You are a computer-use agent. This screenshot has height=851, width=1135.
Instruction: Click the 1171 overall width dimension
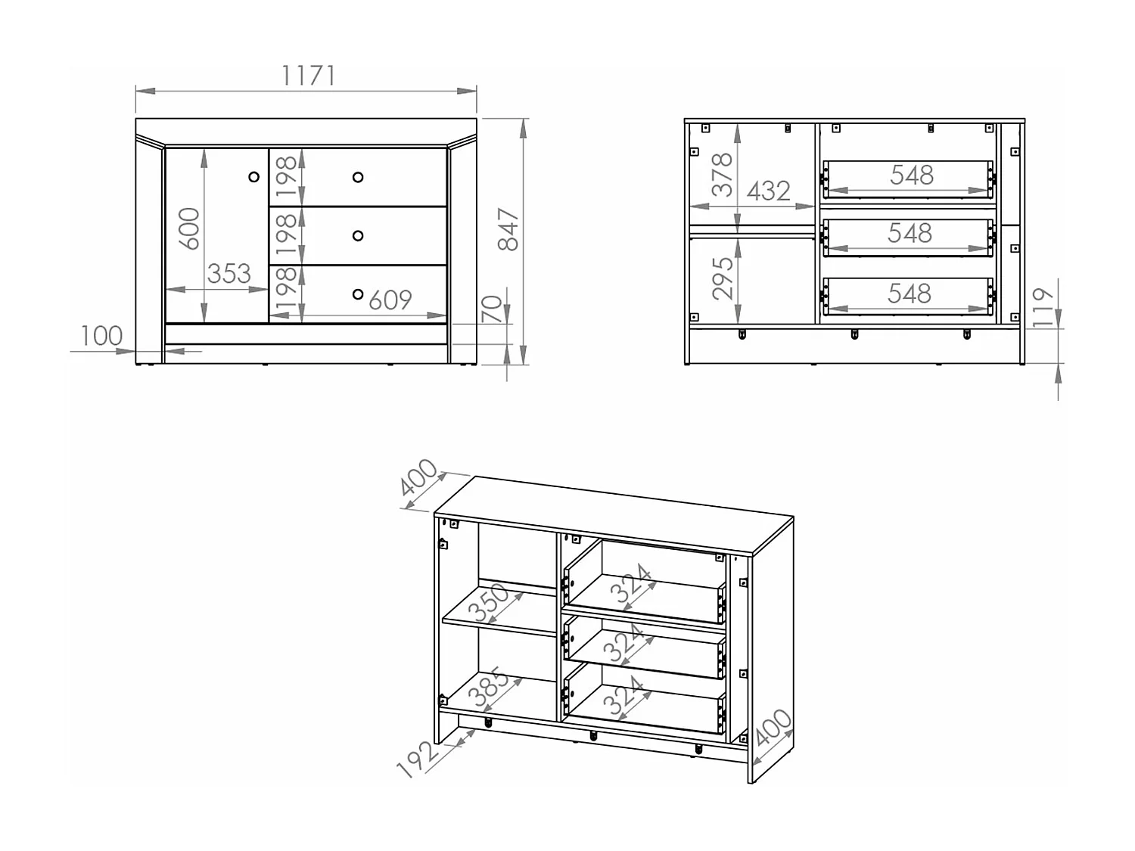coord(308,76)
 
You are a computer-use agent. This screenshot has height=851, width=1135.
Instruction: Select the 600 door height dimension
coord(189,228)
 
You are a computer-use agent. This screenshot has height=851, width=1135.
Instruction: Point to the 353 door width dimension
coord(229,273)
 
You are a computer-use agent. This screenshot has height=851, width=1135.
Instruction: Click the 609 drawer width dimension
coord(390,300)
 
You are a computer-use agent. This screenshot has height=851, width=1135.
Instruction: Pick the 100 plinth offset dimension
coord(101,336)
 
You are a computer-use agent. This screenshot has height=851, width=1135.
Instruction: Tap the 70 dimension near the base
coord(492,309)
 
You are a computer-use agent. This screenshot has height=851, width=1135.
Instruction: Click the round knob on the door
coord(254,177)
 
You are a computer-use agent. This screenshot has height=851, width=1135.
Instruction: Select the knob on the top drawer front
coord(358,177)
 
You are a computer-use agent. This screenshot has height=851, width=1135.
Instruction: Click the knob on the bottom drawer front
coord(358,294)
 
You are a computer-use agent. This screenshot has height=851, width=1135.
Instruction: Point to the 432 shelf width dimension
coord(768,191)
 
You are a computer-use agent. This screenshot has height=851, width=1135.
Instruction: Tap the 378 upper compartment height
coord(723,174)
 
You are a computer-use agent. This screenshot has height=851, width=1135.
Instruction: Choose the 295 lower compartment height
coord(723,278)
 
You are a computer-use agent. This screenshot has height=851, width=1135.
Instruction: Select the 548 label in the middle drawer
coord(910,233)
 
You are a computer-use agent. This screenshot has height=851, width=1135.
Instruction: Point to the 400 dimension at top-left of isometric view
coord(418,477)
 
